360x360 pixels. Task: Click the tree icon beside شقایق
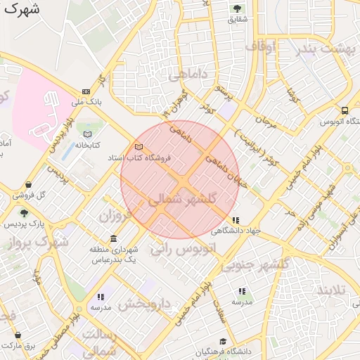coord(237,8)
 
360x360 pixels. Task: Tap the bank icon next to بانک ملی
coord(86,91)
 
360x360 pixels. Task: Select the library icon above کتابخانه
coord(87,134)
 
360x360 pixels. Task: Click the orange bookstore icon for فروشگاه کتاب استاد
coord(139,147)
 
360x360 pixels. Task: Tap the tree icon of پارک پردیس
coord(25,213)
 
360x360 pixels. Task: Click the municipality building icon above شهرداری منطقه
coord(114,240)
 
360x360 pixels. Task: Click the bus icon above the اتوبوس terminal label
coord(345,110)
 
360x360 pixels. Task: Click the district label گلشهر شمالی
coord(191,200)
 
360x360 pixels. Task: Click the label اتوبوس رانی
coord(182,249)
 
